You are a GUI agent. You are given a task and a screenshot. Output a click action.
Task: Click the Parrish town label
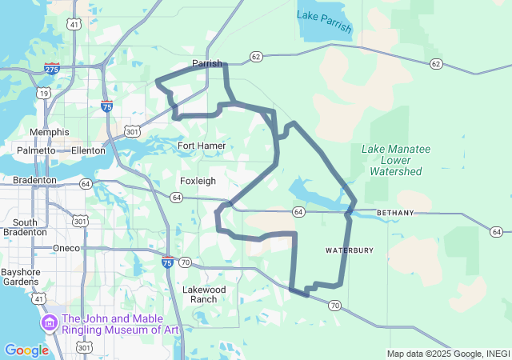206,63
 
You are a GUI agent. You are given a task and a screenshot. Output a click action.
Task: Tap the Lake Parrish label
324,22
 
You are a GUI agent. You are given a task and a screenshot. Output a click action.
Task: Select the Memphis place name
50,132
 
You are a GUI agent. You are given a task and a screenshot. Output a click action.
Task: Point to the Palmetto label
37,150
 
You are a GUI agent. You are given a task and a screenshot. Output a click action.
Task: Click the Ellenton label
88,150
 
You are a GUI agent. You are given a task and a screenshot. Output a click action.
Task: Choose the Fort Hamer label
201,146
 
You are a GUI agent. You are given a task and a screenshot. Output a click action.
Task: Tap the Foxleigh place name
198,181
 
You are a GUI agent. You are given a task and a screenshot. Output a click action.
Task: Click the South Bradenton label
25,227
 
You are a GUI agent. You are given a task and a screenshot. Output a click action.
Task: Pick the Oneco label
66,248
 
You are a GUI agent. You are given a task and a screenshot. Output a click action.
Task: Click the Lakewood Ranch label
205,294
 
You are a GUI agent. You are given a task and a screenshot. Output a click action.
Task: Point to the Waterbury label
350,250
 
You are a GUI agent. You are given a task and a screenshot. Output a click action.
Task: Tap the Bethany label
395,213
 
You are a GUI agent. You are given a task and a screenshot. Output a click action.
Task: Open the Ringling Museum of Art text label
120,324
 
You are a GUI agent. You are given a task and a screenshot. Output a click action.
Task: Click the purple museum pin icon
48,323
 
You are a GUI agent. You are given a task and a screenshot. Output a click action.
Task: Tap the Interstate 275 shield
51,70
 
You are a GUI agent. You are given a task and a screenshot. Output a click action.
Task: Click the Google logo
26,350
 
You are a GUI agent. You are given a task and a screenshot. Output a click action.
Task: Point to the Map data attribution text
447,354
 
